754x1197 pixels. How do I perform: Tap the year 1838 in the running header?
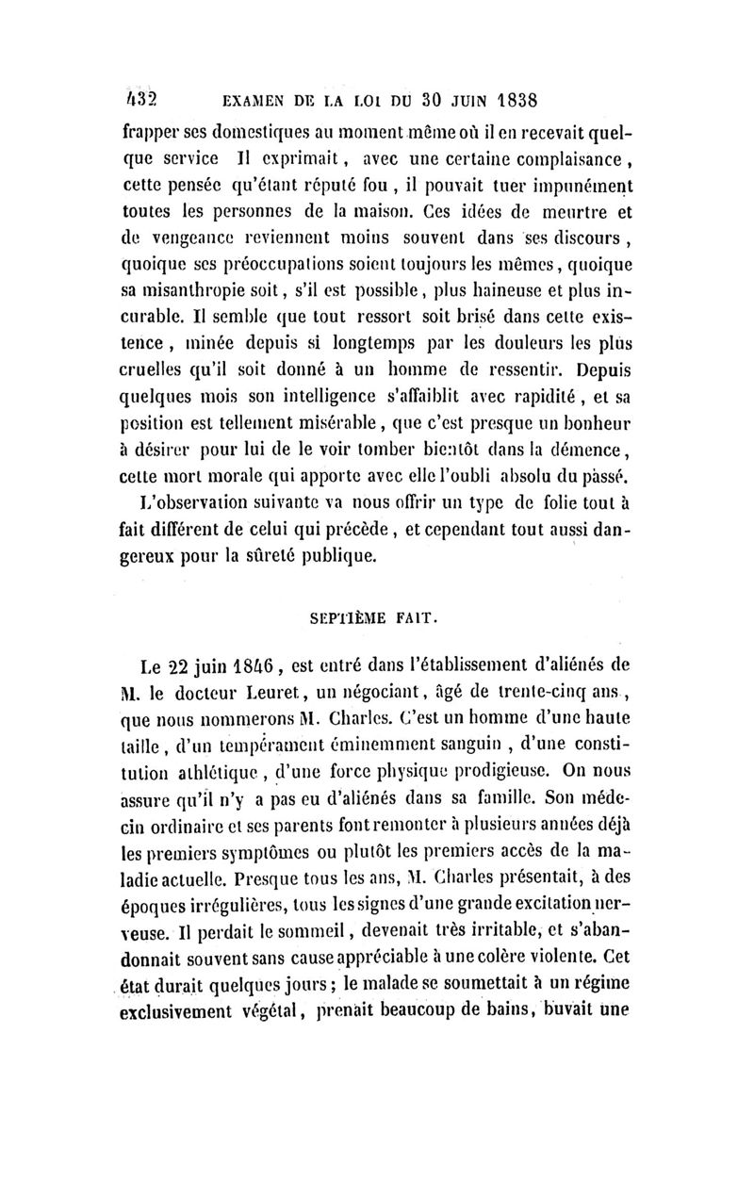[x=513, y=100]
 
